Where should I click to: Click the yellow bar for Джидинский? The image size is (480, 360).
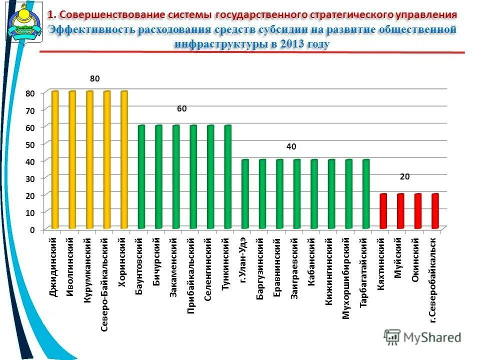[55, 160]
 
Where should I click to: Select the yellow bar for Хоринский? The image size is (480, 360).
[124, 160]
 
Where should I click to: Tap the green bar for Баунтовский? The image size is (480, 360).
[141, 177]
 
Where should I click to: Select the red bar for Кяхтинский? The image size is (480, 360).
[383, 211]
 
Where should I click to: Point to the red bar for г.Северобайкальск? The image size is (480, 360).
[435, 211]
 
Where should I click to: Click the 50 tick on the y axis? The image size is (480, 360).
[31, 144]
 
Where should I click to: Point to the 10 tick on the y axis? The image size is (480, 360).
[31, 213]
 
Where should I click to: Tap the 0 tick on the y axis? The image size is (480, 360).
[32, 230]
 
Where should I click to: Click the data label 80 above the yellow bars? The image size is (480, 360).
[95, 79]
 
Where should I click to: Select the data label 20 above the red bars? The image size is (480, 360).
[405, 177]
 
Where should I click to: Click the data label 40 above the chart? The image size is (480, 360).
[291, 147]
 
